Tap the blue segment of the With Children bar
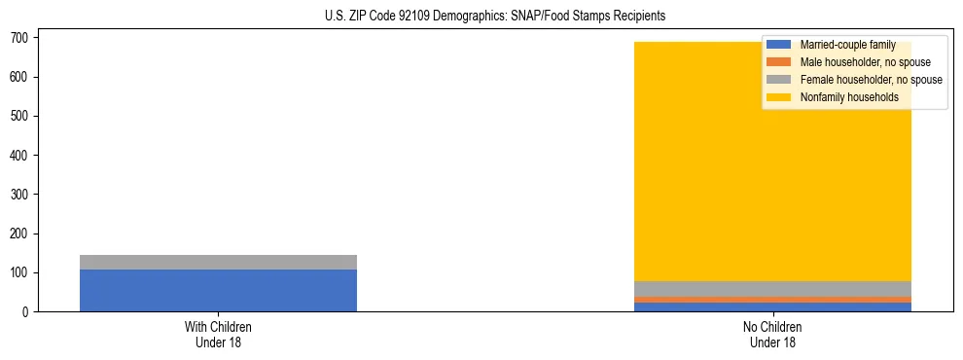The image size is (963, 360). [x=218, y=290]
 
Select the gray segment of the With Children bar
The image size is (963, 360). [x=218, y=262]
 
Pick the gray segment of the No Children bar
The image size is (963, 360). [x=773, y=288]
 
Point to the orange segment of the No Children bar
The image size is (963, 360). [x=773, y=300]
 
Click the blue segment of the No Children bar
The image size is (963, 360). [x=773, y=307]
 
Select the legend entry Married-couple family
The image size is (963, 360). [x=846, y=45]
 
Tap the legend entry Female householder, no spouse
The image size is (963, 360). [x=871, y=80]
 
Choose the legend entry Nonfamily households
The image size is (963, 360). [x=849, y=97]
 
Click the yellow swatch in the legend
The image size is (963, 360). [x=779, y=97]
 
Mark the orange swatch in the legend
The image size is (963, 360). [x=779, y=62]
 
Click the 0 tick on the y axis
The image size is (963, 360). [x=33, y=311]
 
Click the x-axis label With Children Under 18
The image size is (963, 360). [x=218, y=335]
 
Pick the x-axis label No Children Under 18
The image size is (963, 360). [x=773, y=335]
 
